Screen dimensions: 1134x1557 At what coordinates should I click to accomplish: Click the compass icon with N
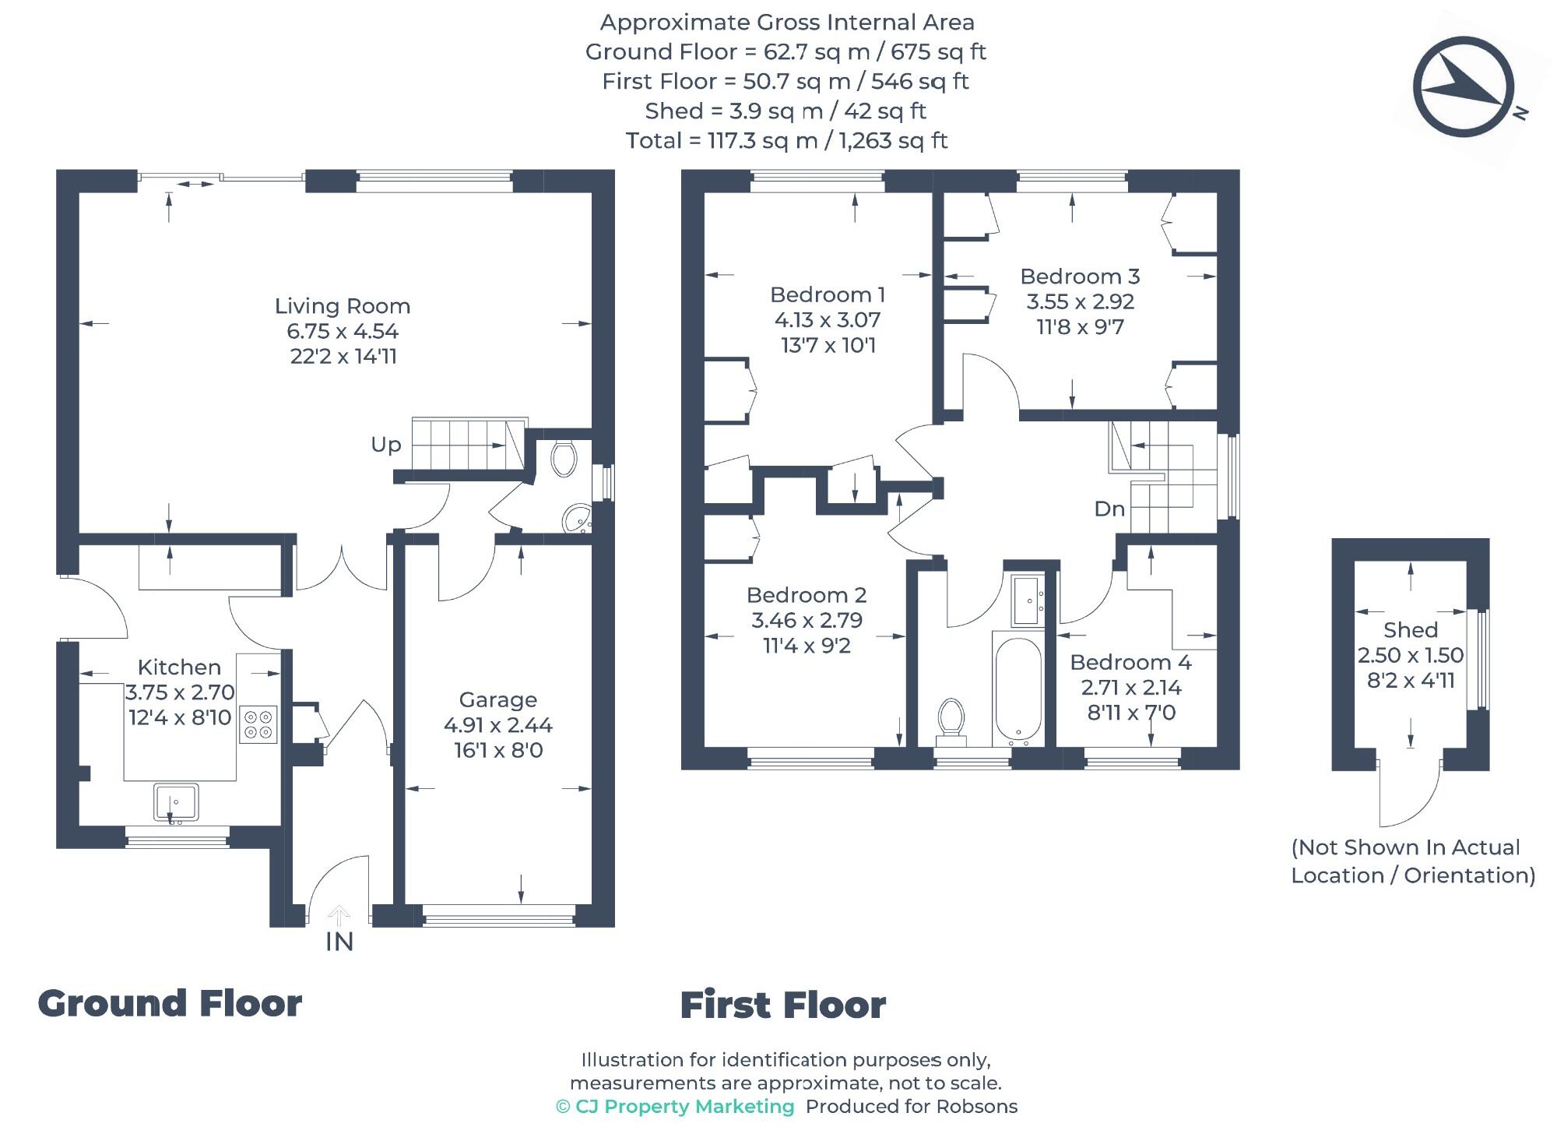(x=1464, y=87)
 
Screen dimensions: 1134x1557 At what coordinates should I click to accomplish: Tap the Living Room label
(x=343, y=306)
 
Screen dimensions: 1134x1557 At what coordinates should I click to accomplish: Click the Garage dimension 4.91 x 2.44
(x=498, y=725)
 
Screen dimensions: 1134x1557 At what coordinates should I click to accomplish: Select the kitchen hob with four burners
(x=258, y=724)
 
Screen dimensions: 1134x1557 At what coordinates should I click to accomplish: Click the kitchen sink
(x=176, y=802)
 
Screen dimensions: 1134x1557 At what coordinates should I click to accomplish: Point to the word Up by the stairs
(x=386, y=445)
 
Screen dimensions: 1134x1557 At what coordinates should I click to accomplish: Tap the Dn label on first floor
(x=1109, y=509)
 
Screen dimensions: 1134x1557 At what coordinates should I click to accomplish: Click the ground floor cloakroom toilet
(x=563, y=458)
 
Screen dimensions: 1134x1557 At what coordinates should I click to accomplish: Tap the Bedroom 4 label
(x=1130, y=663)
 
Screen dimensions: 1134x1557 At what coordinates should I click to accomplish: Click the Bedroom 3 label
(x=1080, y=276)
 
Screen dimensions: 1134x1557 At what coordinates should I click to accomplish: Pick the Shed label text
(x=1410, y=630)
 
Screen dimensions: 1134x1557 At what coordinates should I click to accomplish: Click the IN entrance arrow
(x=339, y=915)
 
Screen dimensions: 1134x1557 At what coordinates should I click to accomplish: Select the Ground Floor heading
(x=170, y=1004)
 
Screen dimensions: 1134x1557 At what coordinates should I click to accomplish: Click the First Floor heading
(x=783, y=1005)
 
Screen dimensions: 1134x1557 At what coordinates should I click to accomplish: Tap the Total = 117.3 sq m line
(x=786, y=141)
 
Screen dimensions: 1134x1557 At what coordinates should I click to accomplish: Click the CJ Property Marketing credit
(x=676, y=1107)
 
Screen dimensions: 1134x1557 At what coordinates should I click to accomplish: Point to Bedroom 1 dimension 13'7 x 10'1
(x=828, y=345)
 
